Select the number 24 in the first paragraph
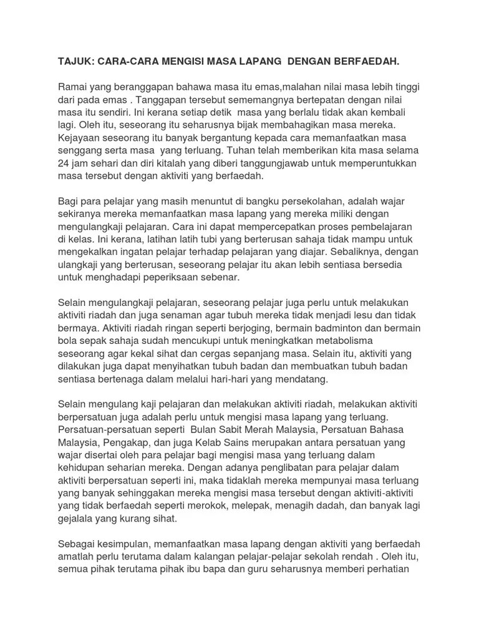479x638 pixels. pyautogui.click(x=65, y=163)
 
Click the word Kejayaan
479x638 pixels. pyautogui.click(x=82, y=138)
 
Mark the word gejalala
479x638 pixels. pyautogui.click(x=78, y=518)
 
